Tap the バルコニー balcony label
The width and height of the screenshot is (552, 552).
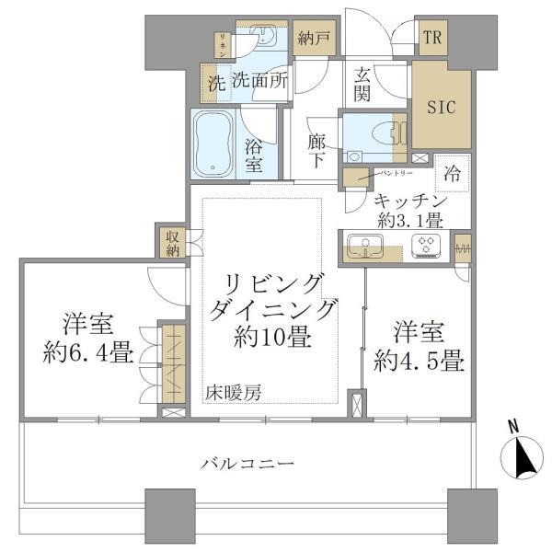click(x=247, y=463)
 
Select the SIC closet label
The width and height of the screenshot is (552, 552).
click(x=441, y=105)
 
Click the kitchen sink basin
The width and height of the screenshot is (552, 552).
click(x=366, y=246)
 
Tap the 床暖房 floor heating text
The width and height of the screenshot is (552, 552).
click(x=234, y=393)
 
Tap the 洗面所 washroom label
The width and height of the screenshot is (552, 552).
click(x=259, y=80)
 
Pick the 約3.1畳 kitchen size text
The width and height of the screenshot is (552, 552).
click(x=410, y=221)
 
